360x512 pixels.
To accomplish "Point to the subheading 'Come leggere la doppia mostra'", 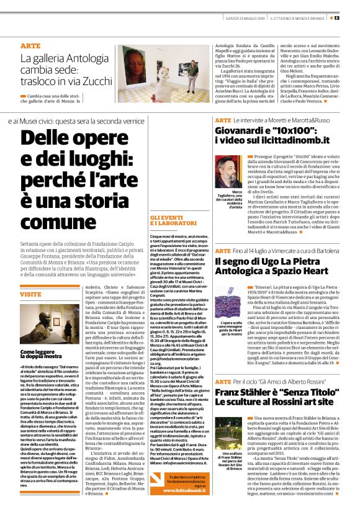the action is [41, 354].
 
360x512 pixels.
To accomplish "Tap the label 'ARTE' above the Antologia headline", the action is [30, 47].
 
